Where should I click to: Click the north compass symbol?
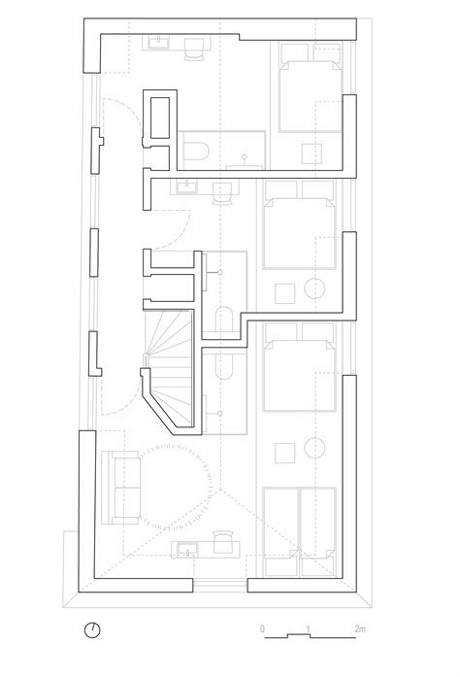92,628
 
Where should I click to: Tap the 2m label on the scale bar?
359,630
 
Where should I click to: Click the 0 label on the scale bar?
262,630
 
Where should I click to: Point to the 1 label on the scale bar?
308,630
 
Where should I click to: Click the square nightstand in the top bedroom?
312,153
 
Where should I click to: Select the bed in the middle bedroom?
300,223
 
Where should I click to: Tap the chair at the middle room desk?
224,192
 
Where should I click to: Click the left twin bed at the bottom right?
280,525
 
